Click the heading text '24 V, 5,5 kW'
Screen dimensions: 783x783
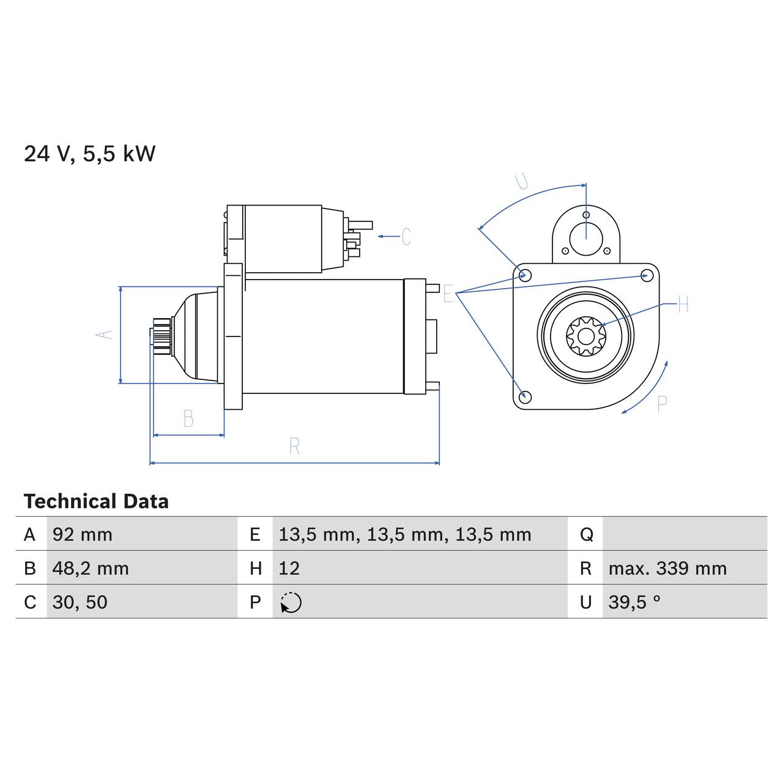pos(89,154)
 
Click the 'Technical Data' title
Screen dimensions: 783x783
pos(96,502)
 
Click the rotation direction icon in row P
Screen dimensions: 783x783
pos(291,603)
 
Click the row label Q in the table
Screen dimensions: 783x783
pos(586,535)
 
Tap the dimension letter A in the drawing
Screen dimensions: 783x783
pos(105,335)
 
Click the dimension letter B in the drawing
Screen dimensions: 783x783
pos(188,419)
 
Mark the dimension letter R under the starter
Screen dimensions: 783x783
pos(294,447)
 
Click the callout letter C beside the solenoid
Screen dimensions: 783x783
pos(406,236)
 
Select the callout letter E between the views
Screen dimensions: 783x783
pos(448,294)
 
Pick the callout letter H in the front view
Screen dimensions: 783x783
pos(683,304)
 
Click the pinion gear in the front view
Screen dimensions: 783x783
pos(585,335)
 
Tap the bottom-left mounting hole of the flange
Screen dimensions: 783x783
pos(524,396)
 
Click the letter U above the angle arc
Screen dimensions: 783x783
pos(522,182)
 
